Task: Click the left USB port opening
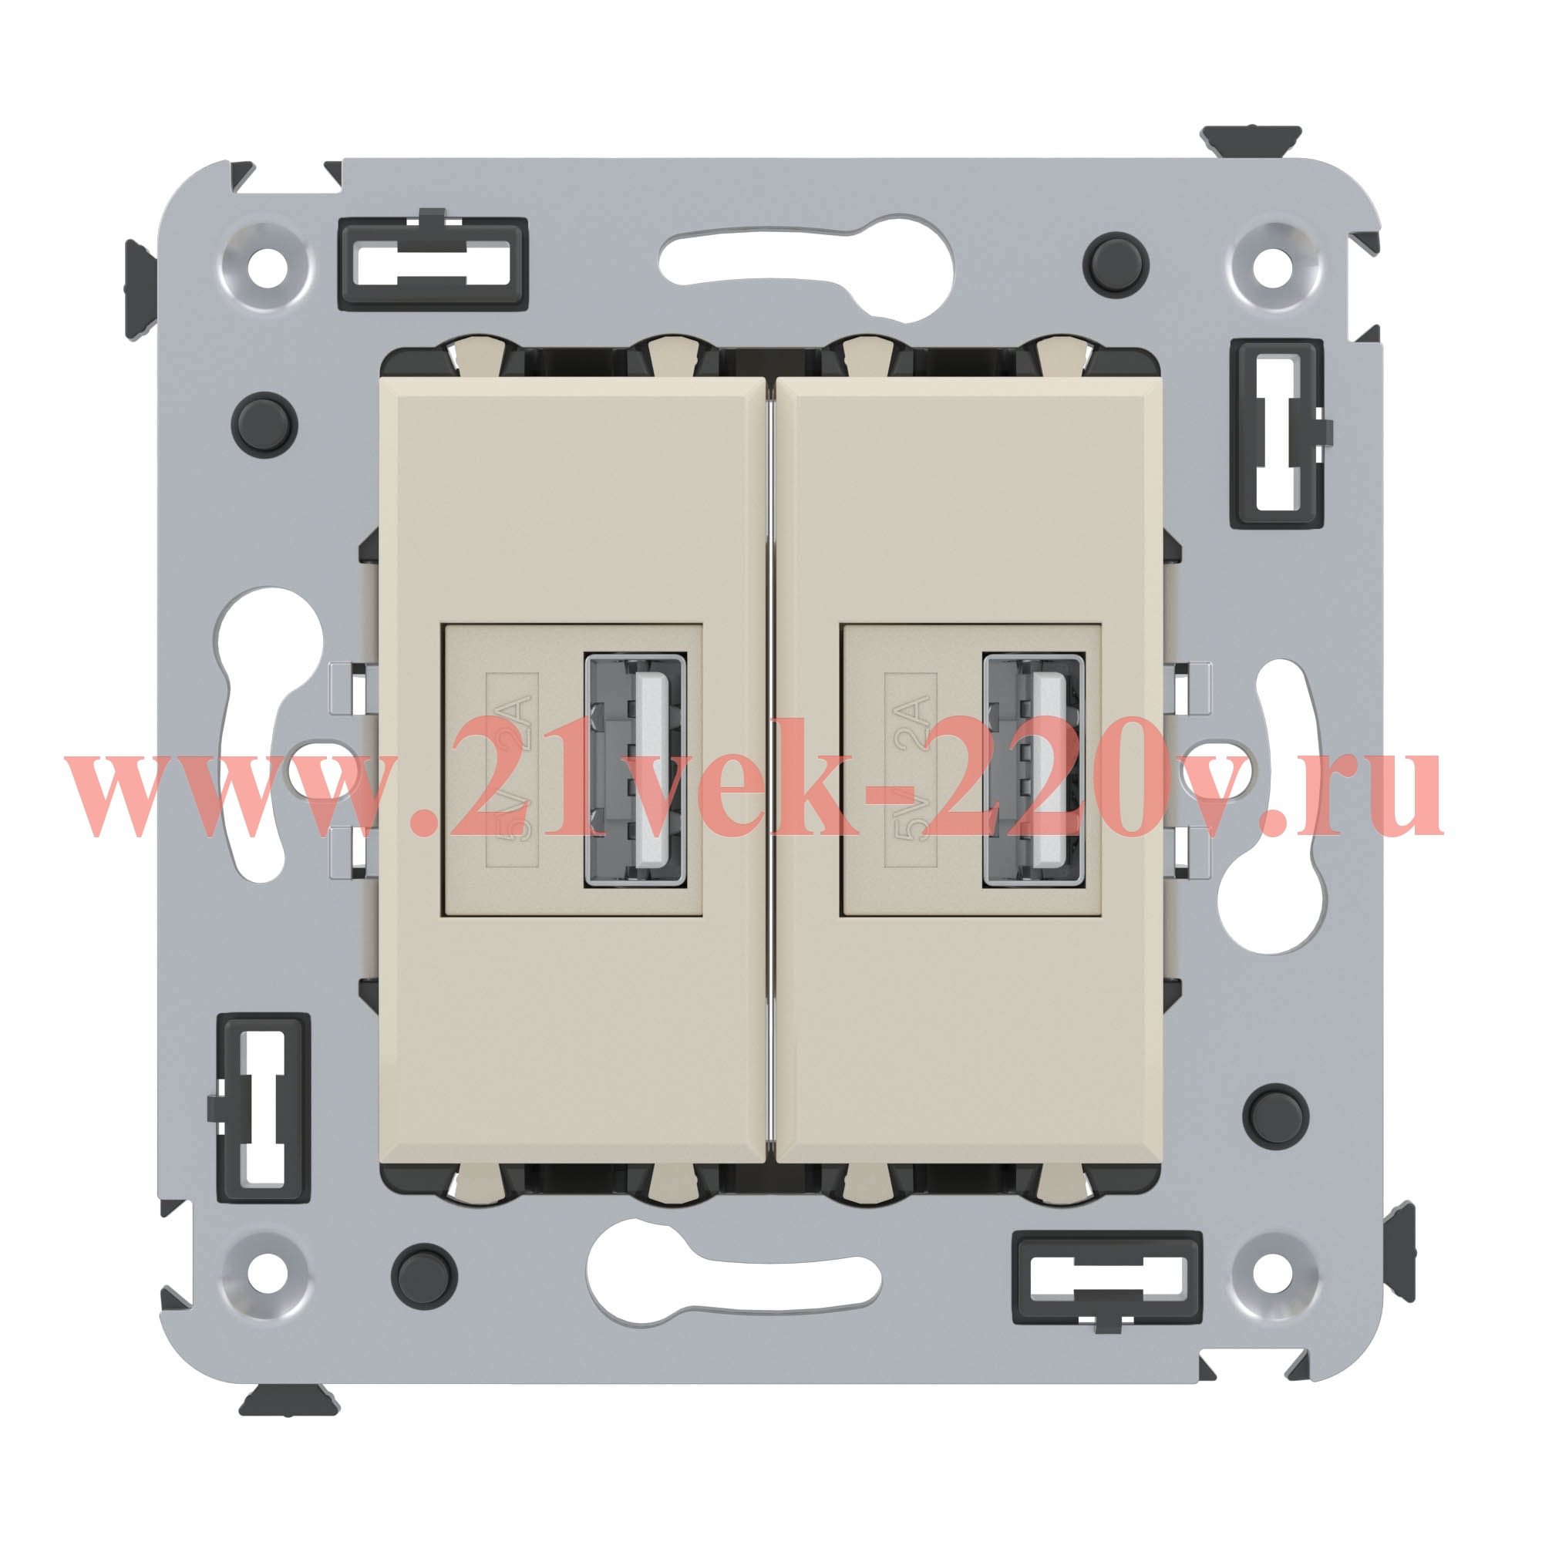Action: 635,770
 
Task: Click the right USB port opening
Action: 1033,770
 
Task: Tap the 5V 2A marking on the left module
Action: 513,769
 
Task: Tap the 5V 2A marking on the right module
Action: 911,769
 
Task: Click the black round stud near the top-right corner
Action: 1116,264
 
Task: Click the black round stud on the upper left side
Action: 264,425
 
